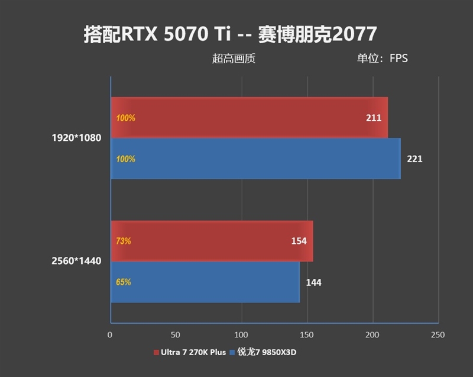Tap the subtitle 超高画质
click(x=234, y=59)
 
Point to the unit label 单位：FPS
click(x=382, y=59)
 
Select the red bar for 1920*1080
click(x=248, y=118)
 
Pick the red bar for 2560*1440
click(x=212, y=241)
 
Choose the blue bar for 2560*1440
click(x=205, y=282)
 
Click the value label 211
click(x=374, y=118)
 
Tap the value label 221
click(x=414, y=159)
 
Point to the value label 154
click(x=299, y=241)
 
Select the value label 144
click(x=313, y=282)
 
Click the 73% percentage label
click(x=124, y=241)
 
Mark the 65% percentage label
click(x=124, y=282)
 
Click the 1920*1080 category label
click(x=76, y=138)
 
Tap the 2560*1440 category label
click(x=76, y=261)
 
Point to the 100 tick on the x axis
click(x=241, y=335)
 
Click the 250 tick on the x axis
click(x=438, y=335)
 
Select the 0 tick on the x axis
click(x=110, y=335)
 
